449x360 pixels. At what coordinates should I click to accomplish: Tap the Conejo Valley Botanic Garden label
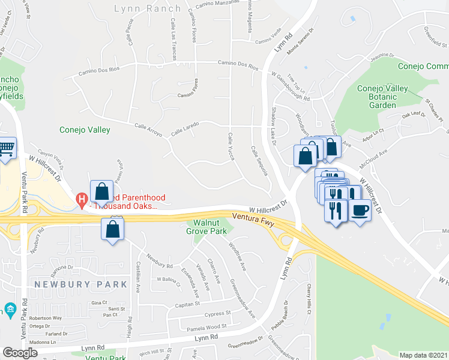coord(382,97)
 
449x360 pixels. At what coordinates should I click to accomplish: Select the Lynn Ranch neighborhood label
coord(148,8)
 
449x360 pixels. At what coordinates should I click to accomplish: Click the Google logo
coord(20,353)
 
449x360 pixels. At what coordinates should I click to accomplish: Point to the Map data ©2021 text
coord(423,355)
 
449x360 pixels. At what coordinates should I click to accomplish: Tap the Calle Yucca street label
coord(230,146)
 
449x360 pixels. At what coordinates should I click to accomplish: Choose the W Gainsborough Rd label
coord(290,86)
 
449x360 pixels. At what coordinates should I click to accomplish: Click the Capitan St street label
coord(186,304)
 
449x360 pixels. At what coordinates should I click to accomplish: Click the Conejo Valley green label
coord(85,129)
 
